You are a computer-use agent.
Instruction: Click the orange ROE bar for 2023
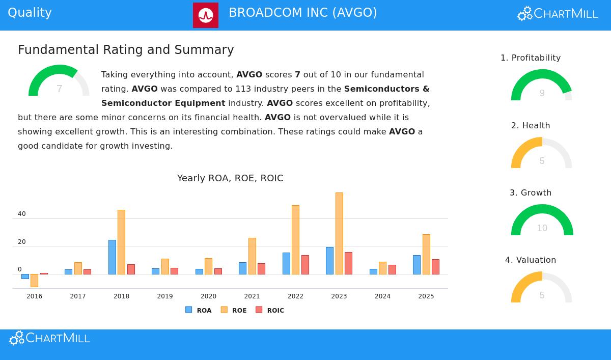point(339,233)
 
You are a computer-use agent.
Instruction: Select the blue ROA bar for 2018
point(112,257)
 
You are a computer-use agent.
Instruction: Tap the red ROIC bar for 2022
point(305,265)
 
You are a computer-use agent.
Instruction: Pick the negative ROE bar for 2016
point(34,280)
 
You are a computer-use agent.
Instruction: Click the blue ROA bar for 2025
point(416,265)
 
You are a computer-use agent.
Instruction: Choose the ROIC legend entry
point(270,310)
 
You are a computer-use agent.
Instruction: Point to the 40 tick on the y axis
point(22,214)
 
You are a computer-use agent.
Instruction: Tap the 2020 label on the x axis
point(208,296)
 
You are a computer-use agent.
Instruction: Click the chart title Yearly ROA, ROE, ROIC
point(230,178)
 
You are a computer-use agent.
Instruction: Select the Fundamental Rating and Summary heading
point(126,50)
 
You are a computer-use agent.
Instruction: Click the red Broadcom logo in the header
point(206,15)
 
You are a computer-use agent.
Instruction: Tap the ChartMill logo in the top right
point(558,14)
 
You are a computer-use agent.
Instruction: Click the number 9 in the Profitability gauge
point(542,93)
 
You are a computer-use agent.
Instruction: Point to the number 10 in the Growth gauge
point(542,228)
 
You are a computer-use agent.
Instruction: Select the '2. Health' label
point(531,126)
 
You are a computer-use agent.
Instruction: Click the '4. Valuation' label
point(531,260)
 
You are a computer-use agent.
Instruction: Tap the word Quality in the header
point(30,13)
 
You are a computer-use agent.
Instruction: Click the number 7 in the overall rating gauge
point(59,89)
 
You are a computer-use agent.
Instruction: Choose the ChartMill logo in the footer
point(49,338)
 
